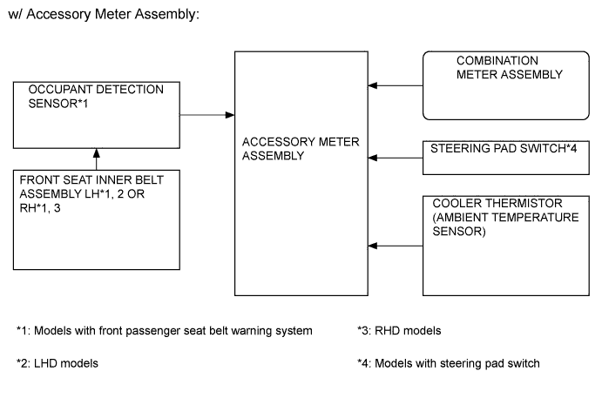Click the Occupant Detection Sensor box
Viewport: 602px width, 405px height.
(96, 115)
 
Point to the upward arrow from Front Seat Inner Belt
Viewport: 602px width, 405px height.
(96, 159)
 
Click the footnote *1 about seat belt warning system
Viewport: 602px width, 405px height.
(165, 331)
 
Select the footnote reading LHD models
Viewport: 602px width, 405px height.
(57, 363)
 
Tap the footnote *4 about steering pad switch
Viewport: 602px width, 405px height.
(448, 363)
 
